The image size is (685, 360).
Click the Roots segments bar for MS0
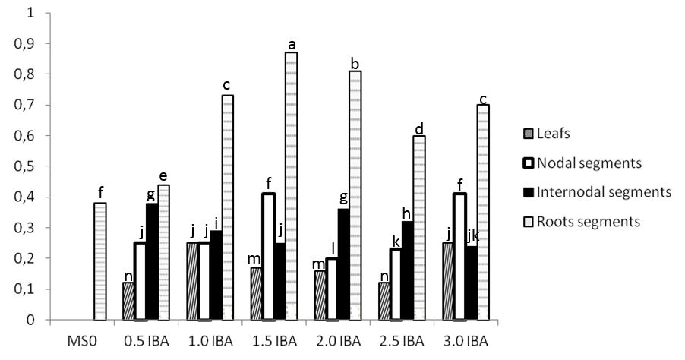[99, 262]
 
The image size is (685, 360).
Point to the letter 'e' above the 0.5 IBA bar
[163, 176]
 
